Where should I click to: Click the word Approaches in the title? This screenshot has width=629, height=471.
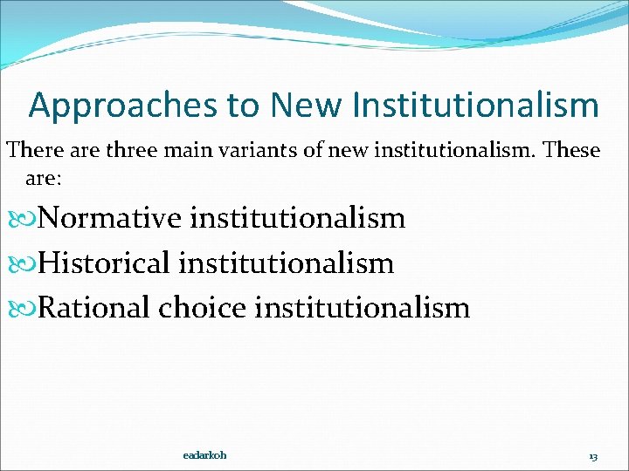pos(124,106)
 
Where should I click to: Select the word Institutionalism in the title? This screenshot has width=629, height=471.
pos(476,106)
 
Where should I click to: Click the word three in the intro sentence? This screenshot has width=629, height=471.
pos(128,150)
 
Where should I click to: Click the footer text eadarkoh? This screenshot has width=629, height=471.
pos(205,455)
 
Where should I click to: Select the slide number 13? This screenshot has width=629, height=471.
pos(593,456)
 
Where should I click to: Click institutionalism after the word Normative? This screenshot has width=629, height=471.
pos(297,218)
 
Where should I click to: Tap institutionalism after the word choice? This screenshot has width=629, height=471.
pos(362,307)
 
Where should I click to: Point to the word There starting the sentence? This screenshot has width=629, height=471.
pos(33,150)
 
